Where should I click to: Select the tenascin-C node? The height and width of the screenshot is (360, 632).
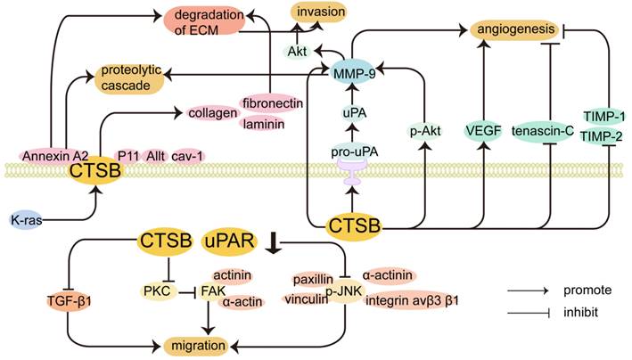(x=546, y=132)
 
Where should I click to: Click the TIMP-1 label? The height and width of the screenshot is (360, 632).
(x=603, y=117)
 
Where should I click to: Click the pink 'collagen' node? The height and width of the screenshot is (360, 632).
(x=212, y=112)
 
